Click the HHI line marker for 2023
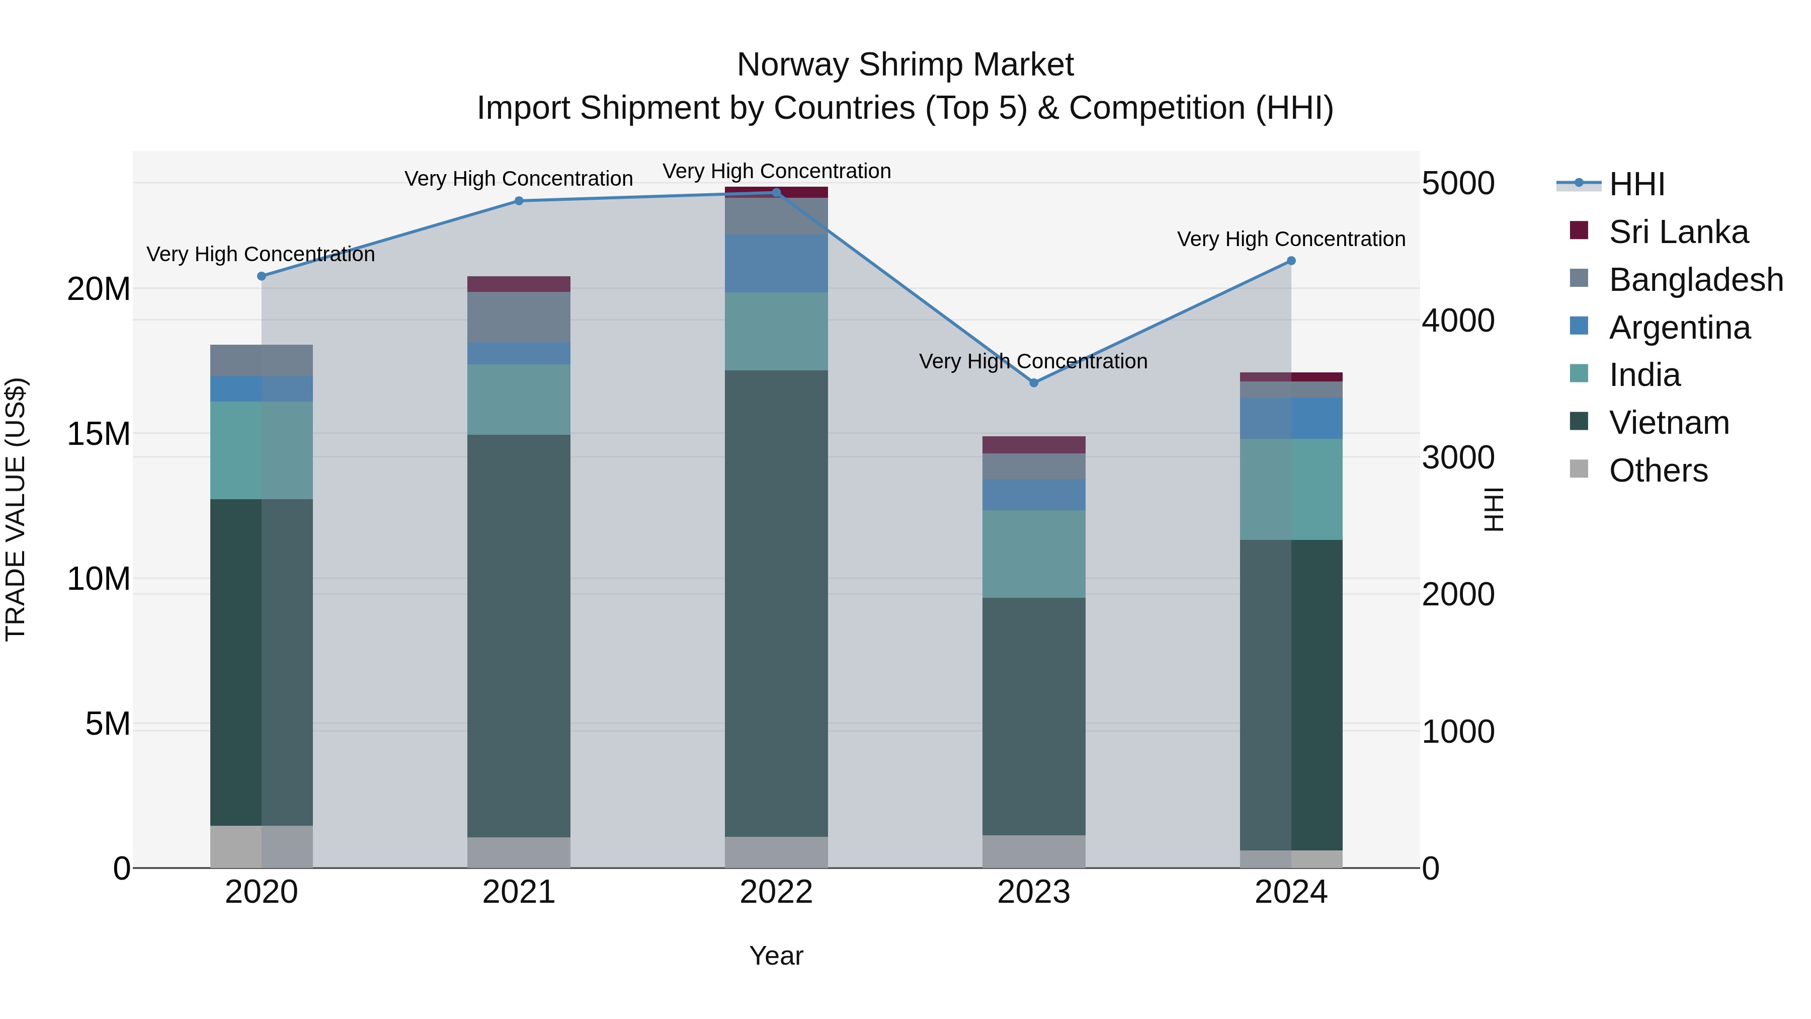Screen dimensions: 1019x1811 (x=1033, y=382)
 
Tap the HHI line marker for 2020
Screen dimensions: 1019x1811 (x=262, y=276)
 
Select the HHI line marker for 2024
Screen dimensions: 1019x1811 (x=1291, y=261)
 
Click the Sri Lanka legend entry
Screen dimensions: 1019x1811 (x=1677, y=232)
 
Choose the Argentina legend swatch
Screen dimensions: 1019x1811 (x=1578, y=326)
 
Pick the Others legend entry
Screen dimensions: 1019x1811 (x=1658, y=471)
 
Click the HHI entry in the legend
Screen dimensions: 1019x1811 (x=1636, y=184)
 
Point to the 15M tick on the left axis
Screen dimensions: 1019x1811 (x=99, y=434)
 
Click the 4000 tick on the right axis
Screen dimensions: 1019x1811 (x=1457, y=321)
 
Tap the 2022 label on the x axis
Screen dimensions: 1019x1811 (x=776, y=892)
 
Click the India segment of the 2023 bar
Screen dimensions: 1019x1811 (x=1033, y=554)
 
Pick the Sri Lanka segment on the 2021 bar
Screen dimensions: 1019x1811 (x=519, y=284)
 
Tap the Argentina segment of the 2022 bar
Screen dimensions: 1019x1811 (x=776, y=263)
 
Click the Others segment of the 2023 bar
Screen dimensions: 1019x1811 (x=1033, y=851)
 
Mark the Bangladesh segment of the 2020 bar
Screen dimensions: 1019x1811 (x=262, y=360)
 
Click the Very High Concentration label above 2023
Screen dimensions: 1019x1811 (x=1033, y=361)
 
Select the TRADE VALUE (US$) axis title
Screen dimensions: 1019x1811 (x=16, y=509)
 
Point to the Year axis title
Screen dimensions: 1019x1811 (x=776, y=956)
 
